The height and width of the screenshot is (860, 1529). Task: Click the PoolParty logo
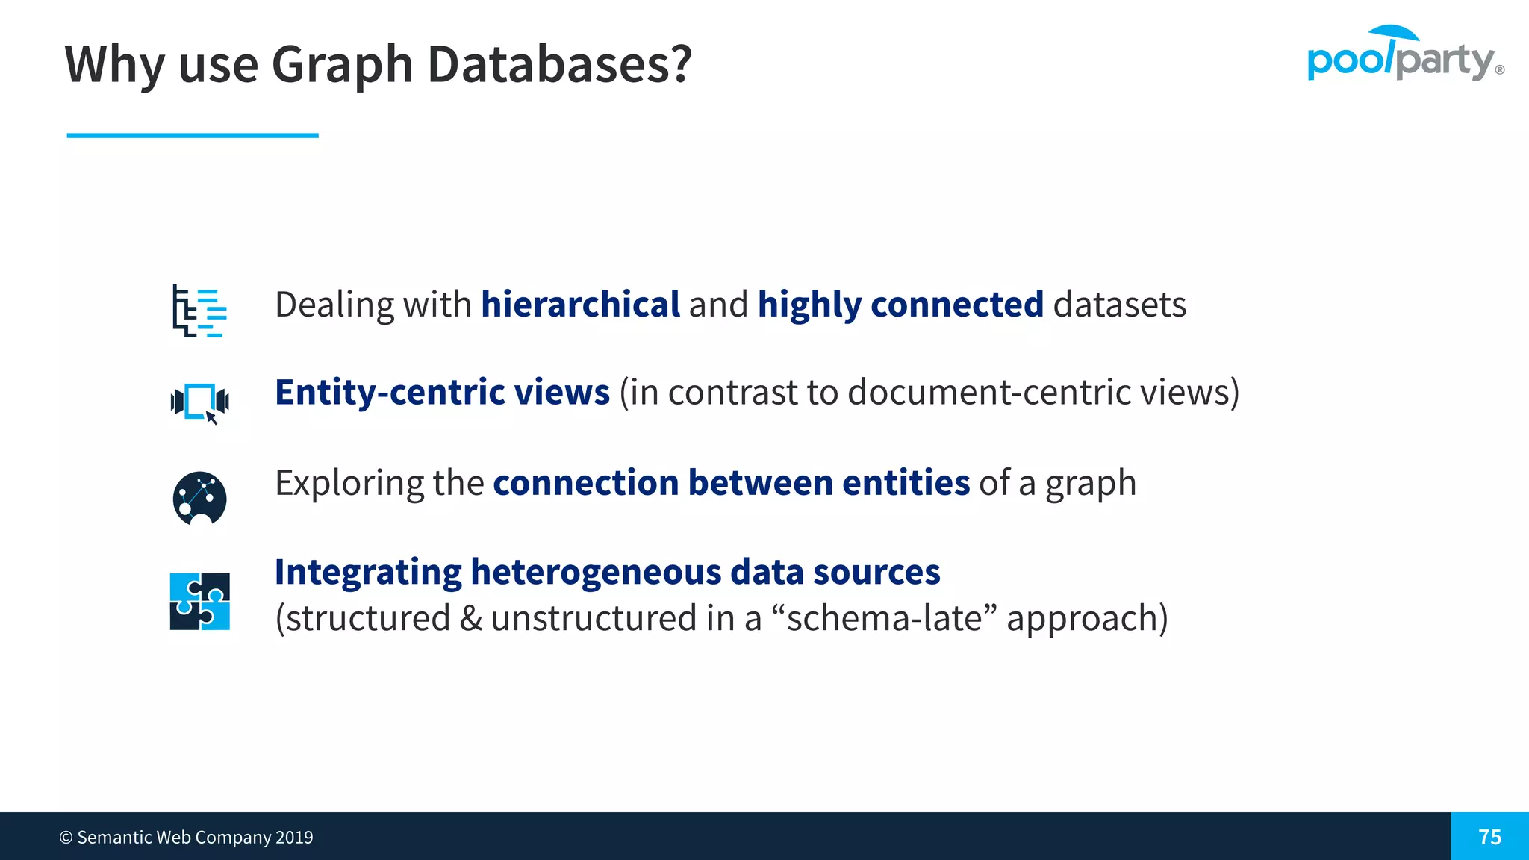pyautogui.click(x=1404, y=54)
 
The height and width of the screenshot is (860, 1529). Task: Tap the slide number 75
pyautogui.click(x=1489, y=837)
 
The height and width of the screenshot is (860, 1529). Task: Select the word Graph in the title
pyautogui.click(x=343, y=64)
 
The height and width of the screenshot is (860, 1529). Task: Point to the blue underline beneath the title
pyautogui.click(x=193, y=135)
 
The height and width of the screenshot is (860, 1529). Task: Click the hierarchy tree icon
pyautogui.click(x=199, y=311)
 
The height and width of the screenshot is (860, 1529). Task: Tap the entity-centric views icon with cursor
pyautogui.click(x=199, y=402)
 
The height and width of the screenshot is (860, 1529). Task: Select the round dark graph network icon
pyautogui.click(x=199, y=498)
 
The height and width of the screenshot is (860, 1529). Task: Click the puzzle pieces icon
pyautogui.click(x=199, y=601)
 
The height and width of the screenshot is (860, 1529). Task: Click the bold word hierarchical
pyautogui.click(x=580, y=305)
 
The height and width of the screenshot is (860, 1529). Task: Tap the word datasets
pyautogui.click(x=1119, y=305)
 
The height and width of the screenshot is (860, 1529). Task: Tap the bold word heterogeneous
pyautogui.click(x=595, y=573)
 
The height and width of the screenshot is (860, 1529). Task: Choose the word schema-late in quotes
pyautogui.click(x=884, y=618)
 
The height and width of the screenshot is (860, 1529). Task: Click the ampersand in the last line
pyautogui.click(x=471, y=618)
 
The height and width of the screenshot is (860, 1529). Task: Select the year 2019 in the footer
pyautogui.click(x=294, y=838)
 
